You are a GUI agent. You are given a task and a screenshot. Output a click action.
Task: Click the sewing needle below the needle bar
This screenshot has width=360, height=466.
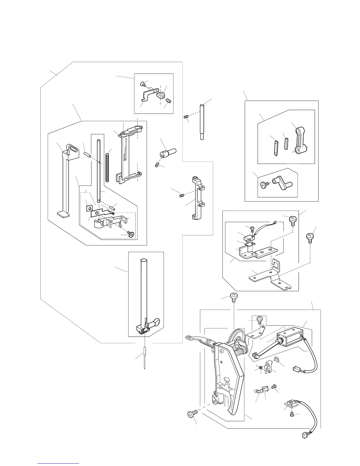point(145,357)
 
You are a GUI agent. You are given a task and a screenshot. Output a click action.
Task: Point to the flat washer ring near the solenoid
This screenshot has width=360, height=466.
point(276,360)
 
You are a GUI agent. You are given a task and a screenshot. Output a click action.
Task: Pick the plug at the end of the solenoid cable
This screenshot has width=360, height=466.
point(296,368)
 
